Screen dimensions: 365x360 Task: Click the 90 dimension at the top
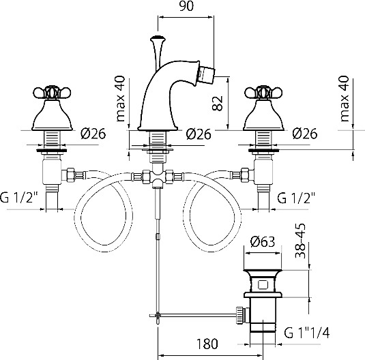click(186, 6)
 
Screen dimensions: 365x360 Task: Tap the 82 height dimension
click(218, 103)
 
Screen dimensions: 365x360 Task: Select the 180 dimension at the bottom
click(207, 344)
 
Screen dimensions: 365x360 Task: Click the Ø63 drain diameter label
click(263, 242)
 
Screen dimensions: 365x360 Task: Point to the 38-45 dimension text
click(300, 241)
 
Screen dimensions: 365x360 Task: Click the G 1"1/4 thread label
click(307, 333)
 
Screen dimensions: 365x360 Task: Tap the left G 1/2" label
click(19, 198)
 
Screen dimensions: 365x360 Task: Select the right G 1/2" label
click(296, 198)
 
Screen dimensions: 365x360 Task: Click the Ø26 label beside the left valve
click(93, 134)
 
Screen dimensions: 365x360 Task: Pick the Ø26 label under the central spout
click(199, 134)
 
